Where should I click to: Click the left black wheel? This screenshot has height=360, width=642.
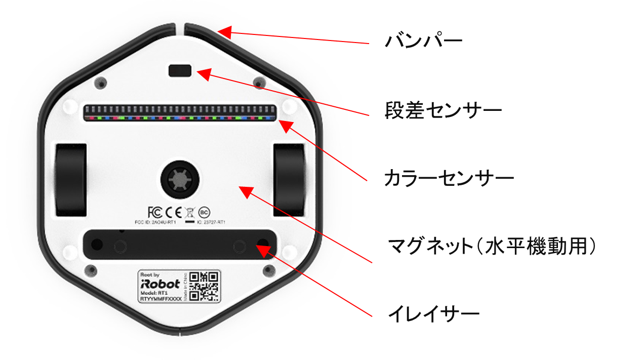pyautogui.click(x=70, y=180)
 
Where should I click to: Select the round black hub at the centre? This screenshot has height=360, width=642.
pyautogui.click(x=180, y=179)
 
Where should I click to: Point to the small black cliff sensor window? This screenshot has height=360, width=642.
pyautogui.click(x=180, y=71)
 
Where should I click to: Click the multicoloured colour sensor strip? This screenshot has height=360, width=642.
pyautogui.click(x=180, y=114)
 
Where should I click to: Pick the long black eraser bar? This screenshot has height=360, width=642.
pyautogui.click(x=180, y=246)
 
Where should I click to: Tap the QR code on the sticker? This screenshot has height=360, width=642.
pyautogui.click(x=206, y=287)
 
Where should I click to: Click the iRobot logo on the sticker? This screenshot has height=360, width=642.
pyautogui.click(x=159, y=284)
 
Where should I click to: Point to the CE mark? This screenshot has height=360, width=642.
pyautogui.click(x=173, y=212)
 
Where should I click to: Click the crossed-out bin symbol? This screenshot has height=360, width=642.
pyautogui.click(x=189, y=212)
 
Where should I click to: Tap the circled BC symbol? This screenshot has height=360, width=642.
pyautogui.click(x=204, y=212)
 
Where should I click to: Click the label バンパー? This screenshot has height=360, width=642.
pyautogui.click(x=423, y=41)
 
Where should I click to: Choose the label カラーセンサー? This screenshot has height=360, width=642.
pyautogui.click(x=449, y=178)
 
